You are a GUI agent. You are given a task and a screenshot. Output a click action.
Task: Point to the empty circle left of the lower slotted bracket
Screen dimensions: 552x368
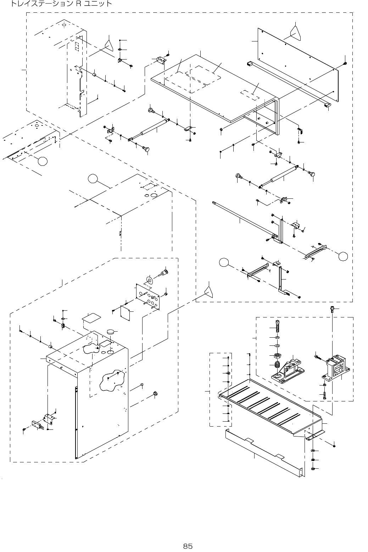click(x=223, y=263)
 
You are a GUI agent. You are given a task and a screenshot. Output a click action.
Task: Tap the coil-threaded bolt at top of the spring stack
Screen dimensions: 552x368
click(x=277, y=325)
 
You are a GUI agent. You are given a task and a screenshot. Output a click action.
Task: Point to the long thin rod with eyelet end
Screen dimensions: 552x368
click(x=241, y=218)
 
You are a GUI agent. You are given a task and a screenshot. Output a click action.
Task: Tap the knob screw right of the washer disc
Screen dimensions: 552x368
click(x=165, y=273)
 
